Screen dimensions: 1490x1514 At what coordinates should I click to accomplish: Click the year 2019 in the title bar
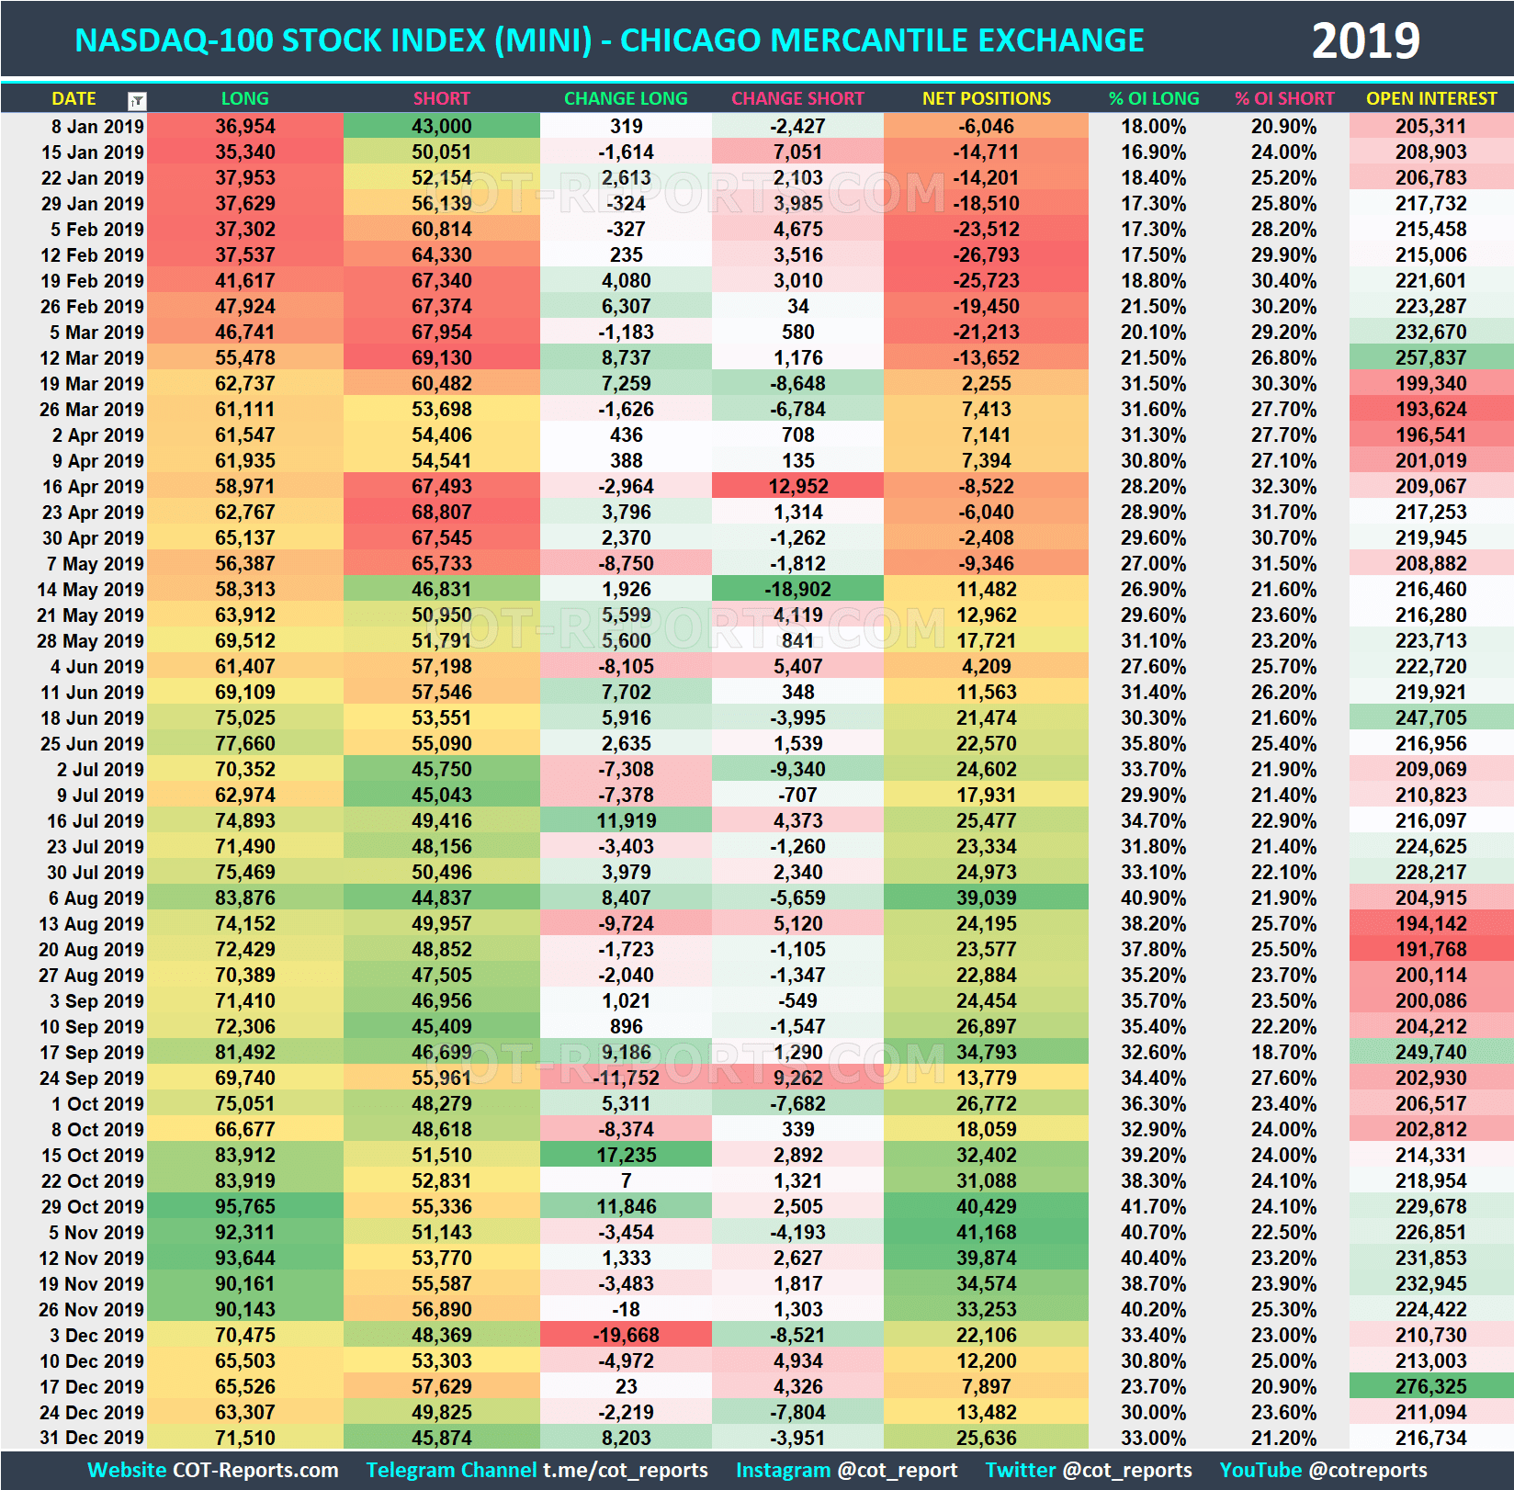click(x=1365, y=41)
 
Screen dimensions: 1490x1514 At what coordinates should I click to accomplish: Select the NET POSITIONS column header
click(x=986, y=98)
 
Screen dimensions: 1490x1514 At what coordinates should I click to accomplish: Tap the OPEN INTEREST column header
click(x=1430, y=98)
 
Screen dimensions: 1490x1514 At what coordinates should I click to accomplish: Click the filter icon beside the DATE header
click(x=137, y=100)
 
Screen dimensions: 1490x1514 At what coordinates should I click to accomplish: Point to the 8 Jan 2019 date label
click(x=92, y=127)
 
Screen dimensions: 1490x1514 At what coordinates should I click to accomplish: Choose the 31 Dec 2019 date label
click(x=92, y=1438)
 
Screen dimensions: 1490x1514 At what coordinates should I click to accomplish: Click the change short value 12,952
click(x=797, y=487)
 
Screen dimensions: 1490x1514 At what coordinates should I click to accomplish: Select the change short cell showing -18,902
click(x=797, y=590)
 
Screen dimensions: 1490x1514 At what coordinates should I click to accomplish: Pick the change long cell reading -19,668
click(x=626, y=1336)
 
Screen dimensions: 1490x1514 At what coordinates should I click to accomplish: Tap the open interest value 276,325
click(x=1430, y=1387)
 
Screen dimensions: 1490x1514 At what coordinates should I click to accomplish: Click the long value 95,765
click(x=245, y=1207)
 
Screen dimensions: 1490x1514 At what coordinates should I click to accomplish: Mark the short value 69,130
click(x=441, y=358)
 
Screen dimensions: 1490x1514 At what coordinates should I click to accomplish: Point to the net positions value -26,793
click(x=986, y=255)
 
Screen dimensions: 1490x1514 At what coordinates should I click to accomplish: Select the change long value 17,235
click(x=626, y=1156)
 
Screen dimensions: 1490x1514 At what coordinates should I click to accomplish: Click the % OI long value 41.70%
click(x=1153, y=1207)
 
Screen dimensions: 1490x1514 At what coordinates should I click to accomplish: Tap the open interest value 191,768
click(x=1430, y=950)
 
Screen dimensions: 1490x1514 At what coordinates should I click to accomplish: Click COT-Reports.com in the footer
click(x=255, y=1470)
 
